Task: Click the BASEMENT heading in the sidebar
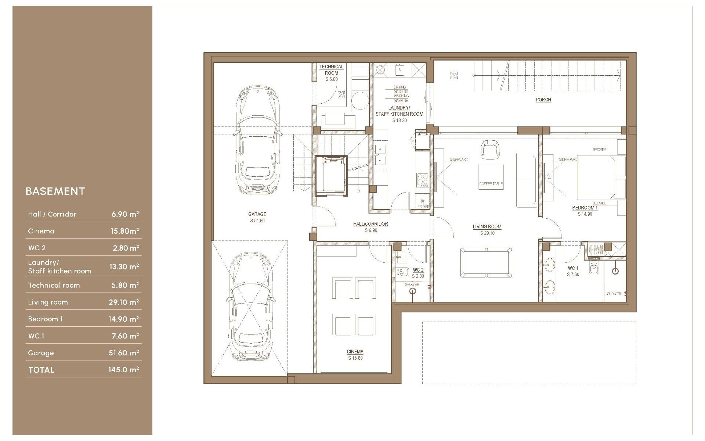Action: (55, 191)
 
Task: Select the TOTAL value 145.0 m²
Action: (123, 370)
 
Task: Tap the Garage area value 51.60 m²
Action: (123, 353)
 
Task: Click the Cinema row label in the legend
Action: (41, 231)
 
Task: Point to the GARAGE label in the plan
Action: (257, 214)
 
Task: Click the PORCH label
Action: (543, 100)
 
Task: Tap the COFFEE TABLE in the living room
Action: (491, 177)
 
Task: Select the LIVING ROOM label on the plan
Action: (487, 227)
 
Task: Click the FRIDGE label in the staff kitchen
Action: (423, 207)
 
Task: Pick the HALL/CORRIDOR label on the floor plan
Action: (370, 224)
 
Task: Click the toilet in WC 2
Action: (403, 272)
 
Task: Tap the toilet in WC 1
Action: (594, 268)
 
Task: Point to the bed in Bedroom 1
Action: (596, 178)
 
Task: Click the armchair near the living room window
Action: (490, 149)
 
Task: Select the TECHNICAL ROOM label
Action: (331, 70)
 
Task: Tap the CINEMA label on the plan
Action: (355, 352)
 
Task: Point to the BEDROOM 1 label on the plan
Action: (585, 208)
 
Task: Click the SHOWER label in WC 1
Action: (614, 294)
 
